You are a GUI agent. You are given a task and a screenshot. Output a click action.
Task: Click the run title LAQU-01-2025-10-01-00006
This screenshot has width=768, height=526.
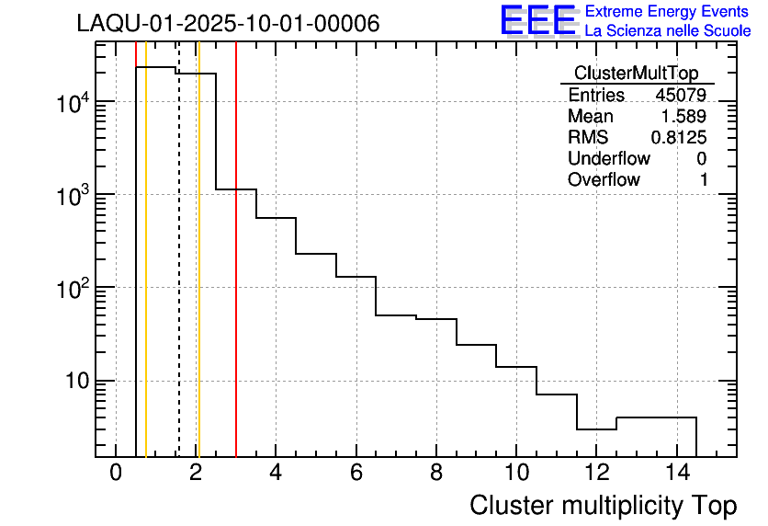228,24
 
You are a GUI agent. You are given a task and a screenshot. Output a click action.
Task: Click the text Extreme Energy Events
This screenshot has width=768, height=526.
668,12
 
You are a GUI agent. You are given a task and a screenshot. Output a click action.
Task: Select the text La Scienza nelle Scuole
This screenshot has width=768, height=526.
668,31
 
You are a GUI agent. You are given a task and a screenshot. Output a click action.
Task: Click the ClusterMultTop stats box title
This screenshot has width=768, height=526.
636,74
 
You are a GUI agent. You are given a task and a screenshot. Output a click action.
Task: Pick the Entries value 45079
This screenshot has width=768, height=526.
681,96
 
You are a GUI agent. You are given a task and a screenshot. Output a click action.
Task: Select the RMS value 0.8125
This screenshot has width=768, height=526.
679,138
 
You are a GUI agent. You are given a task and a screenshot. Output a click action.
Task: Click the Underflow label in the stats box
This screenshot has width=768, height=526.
608,159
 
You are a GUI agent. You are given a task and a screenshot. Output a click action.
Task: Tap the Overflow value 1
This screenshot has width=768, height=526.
703,180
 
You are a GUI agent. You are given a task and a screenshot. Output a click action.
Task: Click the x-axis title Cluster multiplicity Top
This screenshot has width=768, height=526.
604,505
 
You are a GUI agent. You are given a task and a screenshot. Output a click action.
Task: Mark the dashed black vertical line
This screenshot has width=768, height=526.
179,276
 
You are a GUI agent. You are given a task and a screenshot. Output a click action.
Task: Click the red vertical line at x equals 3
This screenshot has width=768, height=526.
236,276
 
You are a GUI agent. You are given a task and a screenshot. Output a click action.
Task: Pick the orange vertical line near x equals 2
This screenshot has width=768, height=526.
198,276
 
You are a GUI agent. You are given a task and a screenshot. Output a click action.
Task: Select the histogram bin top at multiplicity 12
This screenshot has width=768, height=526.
596,429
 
